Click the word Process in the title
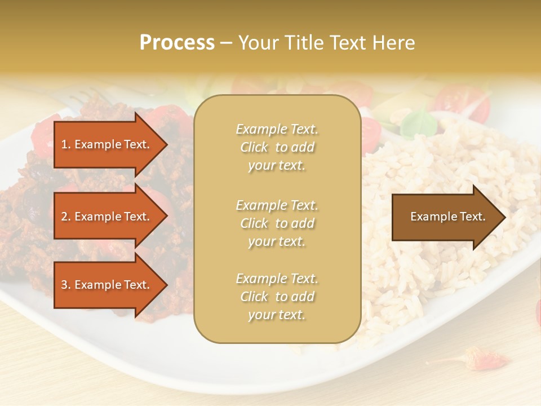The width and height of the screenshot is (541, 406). click(x=177, y=43)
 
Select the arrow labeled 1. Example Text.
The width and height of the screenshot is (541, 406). click(x=107, y=144)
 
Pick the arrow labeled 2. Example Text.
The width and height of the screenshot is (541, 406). click(x=107, y=217)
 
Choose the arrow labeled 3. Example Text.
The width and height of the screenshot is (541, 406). click(x=107, y=285)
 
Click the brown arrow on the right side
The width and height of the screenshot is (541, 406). click(x=445, y=217)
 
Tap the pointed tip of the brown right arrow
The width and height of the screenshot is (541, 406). click(x=504, y=217)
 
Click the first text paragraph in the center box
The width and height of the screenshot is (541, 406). click(x=277, y=147)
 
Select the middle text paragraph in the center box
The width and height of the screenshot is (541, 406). click(x=277, y=223)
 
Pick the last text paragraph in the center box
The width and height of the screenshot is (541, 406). click(x=277, y=297)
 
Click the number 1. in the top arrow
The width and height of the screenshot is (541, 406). click(x=66, y=144)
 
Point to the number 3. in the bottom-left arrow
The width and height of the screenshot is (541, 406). click(x=66, y=285)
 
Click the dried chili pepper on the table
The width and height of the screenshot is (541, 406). click(x=485, y=358)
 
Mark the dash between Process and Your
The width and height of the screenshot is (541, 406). click(x=226, y=43)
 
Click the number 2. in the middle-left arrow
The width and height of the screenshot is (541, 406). click(x=66, y=217)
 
